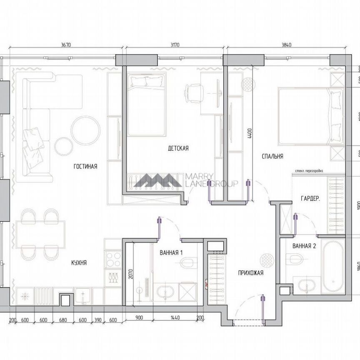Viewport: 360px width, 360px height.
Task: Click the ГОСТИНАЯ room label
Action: click(85, 166)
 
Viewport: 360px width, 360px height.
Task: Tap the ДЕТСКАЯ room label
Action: click(178, 148)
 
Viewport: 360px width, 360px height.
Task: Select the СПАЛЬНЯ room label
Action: click(272, 156)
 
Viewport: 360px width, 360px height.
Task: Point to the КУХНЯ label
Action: click(79, 262)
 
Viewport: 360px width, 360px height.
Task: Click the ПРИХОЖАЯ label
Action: click(251, 273)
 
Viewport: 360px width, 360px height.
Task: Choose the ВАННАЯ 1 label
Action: click(171, 252)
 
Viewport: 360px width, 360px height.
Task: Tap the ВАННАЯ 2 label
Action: click(304, 246)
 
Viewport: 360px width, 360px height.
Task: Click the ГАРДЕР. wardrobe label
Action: click(310, 199)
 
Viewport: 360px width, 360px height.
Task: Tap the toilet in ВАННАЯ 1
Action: click(188, 263)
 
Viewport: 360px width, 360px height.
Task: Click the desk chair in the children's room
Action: click(194, 91)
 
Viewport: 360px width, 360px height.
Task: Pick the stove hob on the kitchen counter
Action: click(112, 258)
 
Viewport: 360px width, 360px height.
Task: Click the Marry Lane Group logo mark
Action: click(158, 180)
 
